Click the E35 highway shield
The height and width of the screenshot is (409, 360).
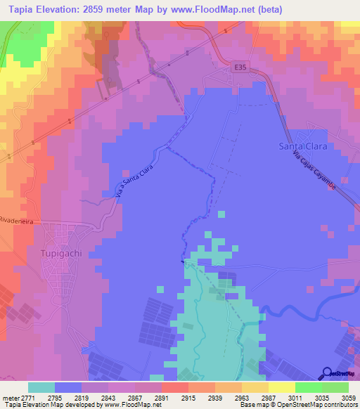[x=241, y=67]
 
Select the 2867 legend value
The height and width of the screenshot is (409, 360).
[x=134, y=397]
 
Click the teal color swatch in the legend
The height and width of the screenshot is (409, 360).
[x=41, y=387]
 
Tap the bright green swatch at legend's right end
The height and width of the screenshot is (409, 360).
[x=335, y=387]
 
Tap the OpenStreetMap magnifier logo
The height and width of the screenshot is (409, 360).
[x=328, y=372]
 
